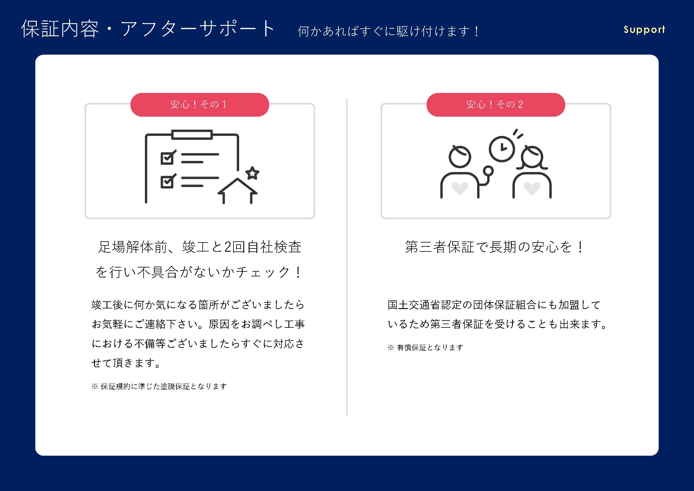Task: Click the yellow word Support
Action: coord(644,30)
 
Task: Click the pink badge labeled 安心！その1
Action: coord(199,104)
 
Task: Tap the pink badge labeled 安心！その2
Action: coord(496,104)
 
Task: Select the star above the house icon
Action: coord(252,173)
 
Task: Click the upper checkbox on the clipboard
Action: coord(167,158)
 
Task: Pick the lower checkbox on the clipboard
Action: coord(167,181)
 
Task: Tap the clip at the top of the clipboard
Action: coord(192,134)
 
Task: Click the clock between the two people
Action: coord(502,149)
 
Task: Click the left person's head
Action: coord(459,157)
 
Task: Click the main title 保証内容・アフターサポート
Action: coord(148,29)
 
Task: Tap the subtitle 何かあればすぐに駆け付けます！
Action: coord(388,31)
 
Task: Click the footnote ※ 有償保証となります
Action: coord(425,348)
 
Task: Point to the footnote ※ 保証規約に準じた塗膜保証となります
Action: coord(159,387)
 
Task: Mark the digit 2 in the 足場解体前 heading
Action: coord(228,247)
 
